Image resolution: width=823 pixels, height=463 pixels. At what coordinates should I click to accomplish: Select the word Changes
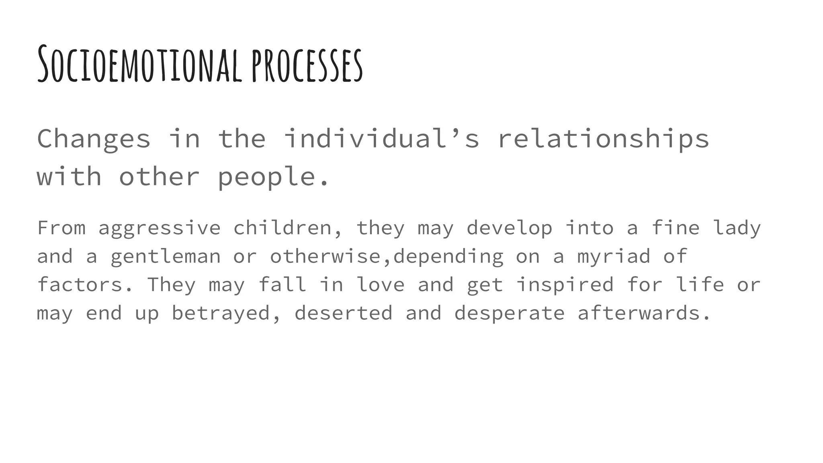[x=94, y=139]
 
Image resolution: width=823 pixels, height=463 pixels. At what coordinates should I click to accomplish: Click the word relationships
[x=603, y=139]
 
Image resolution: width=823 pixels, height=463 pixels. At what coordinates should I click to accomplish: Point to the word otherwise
[x=325, y=256]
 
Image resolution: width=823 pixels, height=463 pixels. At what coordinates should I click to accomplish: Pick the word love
[x=381, y=285]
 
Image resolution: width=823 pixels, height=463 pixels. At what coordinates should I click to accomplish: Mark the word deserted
[x=344, y=313]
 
